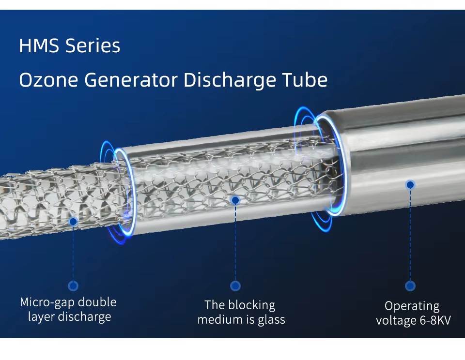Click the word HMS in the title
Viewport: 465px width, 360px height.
pos(39,45)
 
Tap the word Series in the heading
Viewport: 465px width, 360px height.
pos(93,45)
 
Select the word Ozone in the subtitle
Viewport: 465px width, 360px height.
pos(48,80)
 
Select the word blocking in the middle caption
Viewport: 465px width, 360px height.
pos(252,305)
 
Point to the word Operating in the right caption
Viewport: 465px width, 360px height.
pos(412,307)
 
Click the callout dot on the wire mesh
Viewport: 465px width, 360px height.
pos(73,221)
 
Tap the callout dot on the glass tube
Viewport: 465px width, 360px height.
pos(235,201)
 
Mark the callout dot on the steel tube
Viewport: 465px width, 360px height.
pos(410,185)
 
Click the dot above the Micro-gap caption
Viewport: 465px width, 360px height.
pos(73,286)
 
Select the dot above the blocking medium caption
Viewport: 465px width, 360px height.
pos(235,286)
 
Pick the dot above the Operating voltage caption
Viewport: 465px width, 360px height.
pos(410,286)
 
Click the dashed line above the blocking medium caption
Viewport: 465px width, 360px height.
pos(235,243)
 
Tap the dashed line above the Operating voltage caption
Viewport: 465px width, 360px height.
pos(410,235)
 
